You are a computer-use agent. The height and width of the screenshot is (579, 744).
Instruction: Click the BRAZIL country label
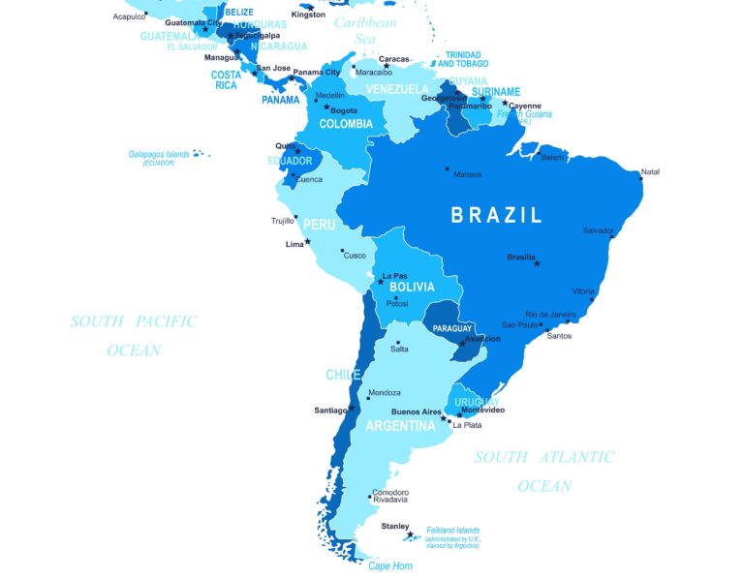pyautogui.click(x=496, y=215)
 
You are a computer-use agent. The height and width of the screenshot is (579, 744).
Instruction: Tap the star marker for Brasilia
pyautogui.click(x=537, y=263)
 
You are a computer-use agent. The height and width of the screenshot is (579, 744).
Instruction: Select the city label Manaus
pyautogui.click(x=467, y=174)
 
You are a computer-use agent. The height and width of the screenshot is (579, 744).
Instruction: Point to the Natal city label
pyautogui.click(x=650, y=171)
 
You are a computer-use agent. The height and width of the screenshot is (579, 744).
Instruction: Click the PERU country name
pyautogui.click(x=320, y=224)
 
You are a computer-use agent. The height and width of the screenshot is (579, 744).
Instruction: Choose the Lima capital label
pyautogui.click(x=294, y=244)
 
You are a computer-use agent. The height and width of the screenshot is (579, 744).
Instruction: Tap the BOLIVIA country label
pyautogui.click(x=412, y=288)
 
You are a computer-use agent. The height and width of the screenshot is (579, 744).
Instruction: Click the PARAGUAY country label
pyautogui.click(x=452, y=328)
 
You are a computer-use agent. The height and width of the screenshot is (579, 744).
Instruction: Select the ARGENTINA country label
pyautogui.click(x=400, y=425)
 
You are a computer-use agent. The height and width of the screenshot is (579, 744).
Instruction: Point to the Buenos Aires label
pyautogui.click(x=417, y=411)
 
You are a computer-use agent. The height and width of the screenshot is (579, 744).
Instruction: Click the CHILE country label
pyautogui.click(x=343, y=375)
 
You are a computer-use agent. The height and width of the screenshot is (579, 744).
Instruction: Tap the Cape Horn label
pyautogui.click(x=390, y=565)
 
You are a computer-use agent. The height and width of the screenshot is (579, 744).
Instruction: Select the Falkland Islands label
pyautogui.click(x=453, y=530)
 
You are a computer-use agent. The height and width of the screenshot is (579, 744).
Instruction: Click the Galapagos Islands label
pyautogui.click(x=159, y=154)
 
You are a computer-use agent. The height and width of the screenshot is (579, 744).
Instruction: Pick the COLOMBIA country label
pyautogui.click(x=346, y=124)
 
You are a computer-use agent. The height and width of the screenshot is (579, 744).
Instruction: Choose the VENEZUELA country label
pyautogui.click(x=397, y=89)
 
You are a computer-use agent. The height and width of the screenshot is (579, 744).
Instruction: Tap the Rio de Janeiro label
pyautogui.click(x=550, y=315)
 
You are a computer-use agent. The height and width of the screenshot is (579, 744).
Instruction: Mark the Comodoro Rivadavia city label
pyautogui.click(x=389, y=495)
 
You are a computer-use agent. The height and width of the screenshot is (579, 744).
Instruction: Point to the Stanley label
pyautogui.click(x=394, y=526)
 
